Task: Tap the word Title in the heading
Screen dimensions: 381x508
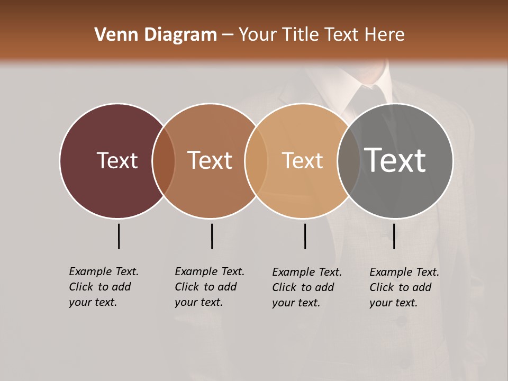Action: (300, 35)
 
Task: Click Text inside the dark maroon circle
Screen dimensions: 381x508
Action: (117, 160)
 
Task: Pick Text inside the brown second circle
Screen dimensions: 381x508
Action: (210, 160)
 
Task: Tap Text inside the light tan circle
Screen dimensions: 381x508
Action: (302, 160)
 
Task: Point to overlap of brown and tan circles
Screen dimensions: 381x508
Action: (256, 161)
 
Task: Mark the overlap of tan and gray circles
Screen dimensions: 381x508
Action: (347, 161)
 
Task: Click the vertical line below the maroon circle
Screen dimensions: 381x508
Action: (119, 236)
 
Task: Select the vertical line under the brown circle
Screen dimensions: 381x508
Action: (212, 236)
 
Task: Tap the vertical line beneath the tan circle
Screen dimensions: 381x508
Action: (305, 236)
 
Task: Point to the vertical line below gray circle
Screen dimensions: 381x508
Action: (394, 236)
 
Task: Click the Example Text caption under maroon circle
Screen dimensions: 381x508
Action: (104, 287)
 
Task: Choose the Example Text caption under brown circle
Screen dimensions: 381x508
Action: (210, 287)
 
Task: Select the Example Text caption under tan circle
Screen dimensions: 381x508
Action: (307, 287)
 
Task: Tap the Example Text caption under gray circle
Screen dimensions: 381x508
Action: (404, 287)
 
